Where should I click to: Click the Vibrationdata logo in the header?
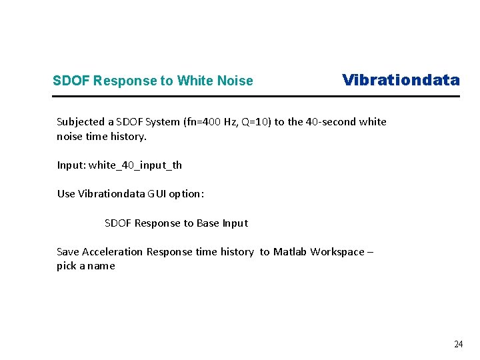tap(401, 80)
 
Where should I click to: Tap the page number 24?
tap(458, 344)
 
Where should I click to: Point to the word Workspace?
tap(338, 252)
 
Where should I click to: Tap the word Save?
tap(68, 252)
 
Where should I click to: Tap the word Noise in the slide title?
tap(237, 81)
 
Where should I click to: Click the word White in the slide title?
tap(197, 81)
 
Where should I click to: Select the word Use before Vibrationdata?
tap(66, 194)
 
